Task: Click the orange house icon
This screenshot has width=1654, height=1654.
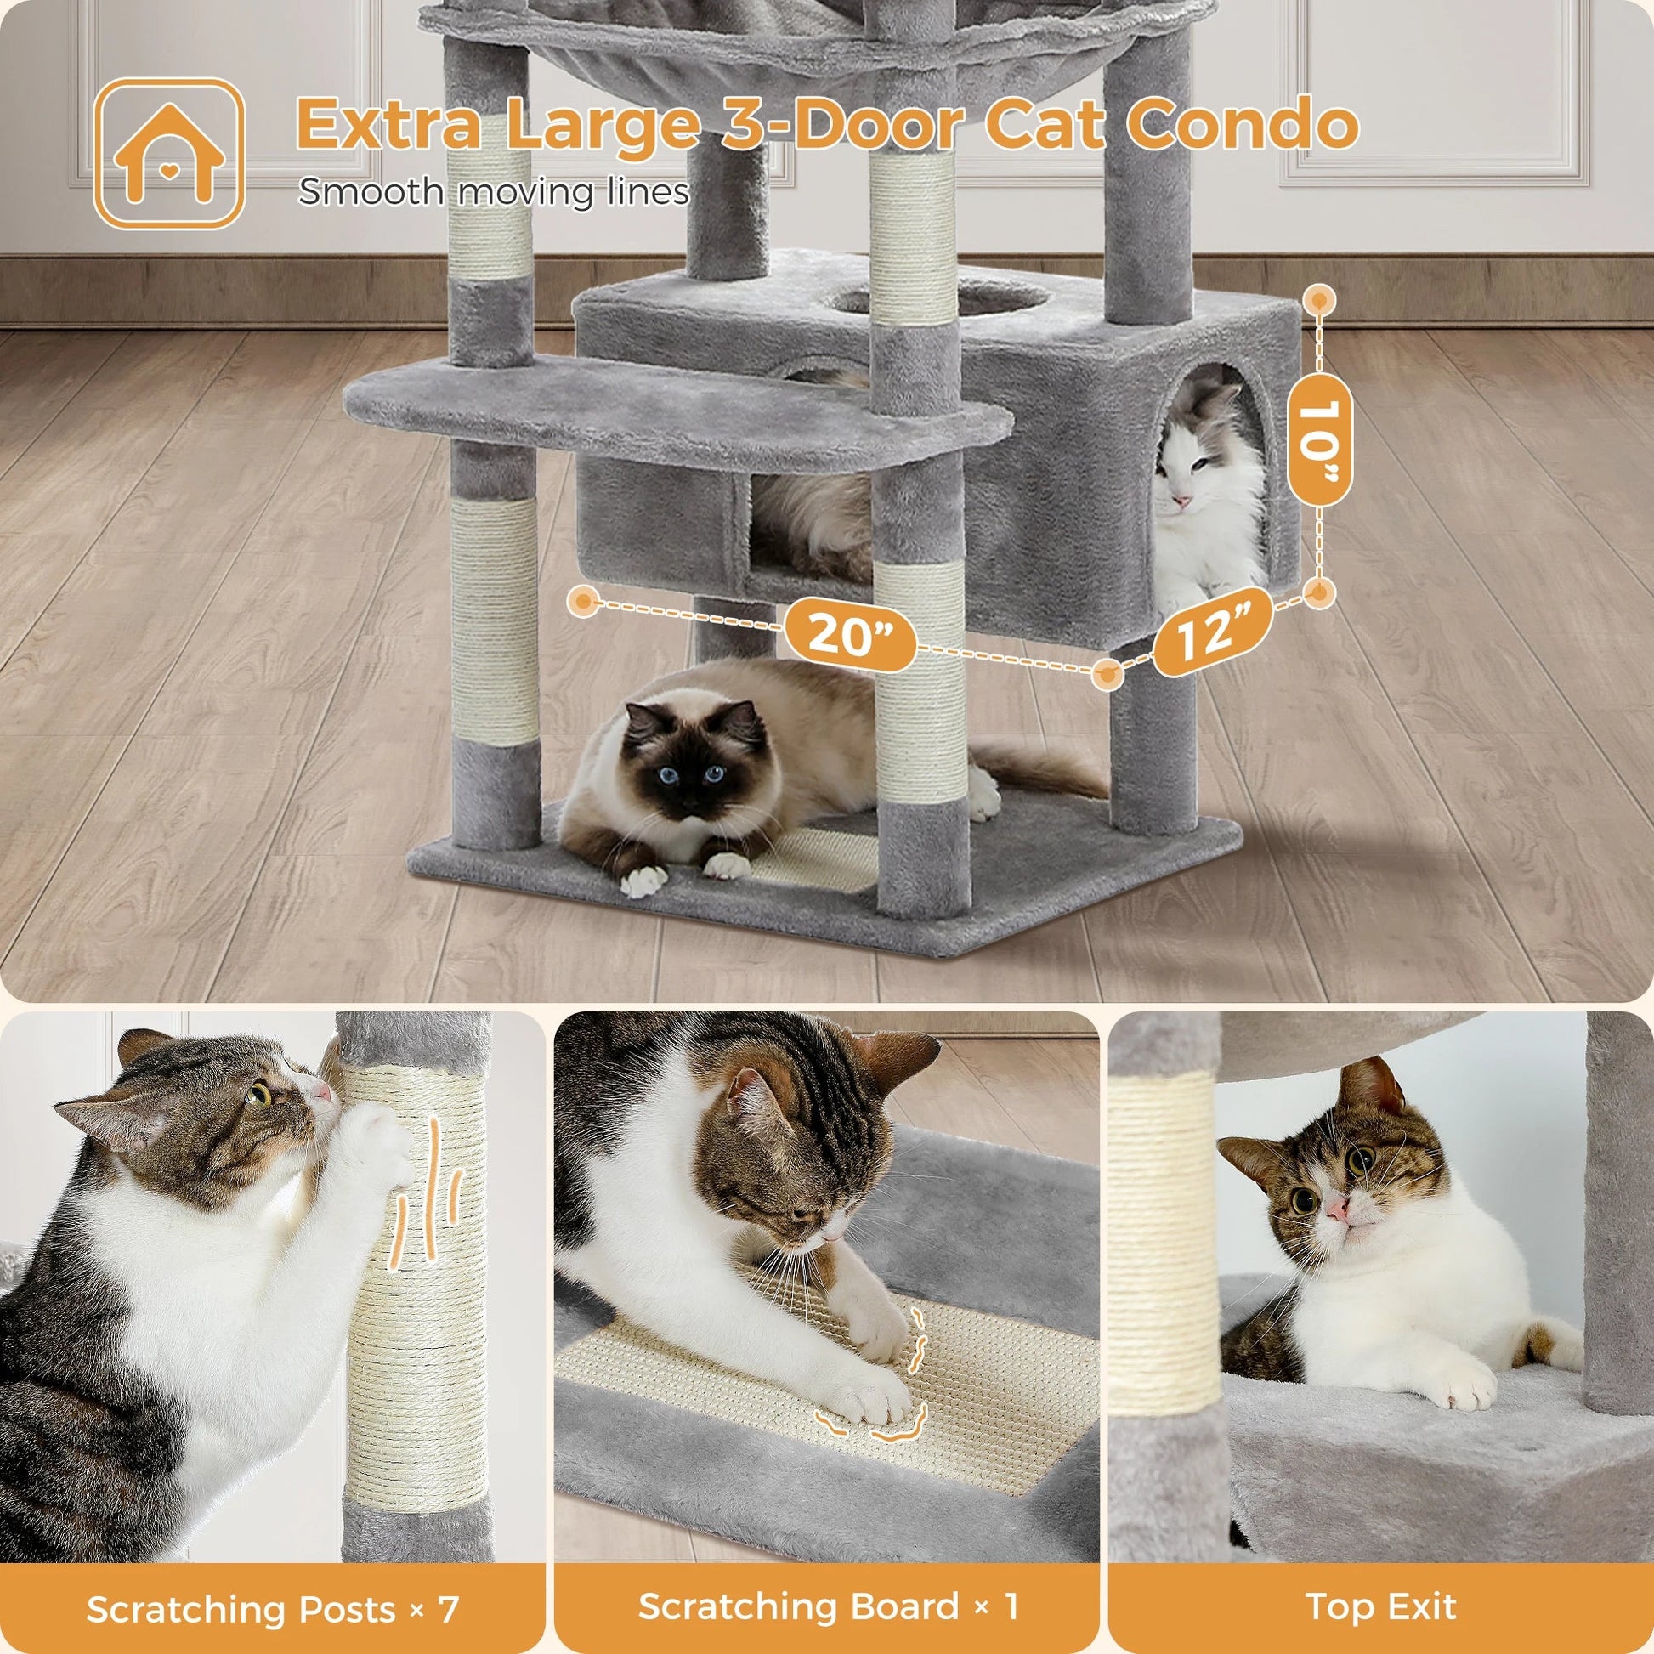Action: (168, 154)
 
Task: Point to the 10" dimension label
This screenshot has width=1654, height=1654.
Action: (1319, 439)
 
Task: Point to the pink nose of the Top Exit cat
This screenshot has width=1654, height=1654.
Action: (1337, 1209)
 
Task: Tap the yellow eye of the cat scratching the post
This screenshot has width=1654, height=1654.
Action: (259, 1095)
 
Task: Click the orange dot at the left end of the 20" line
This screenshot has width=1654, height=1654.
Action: (585, 601)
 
